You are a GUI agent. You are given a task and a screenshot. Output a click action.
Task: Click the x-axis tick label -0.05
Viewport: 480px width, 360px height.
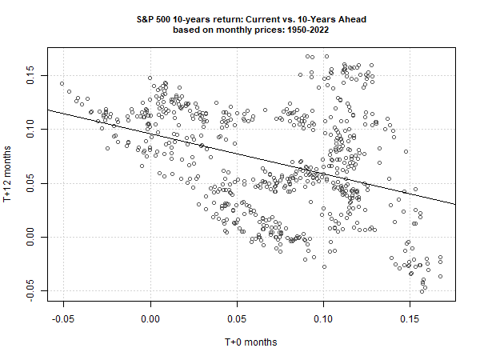[x=62, y=318]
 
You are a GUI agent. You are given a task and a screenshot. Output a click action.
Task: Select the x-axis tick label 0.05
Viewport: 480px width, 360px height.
[x=237, y=318]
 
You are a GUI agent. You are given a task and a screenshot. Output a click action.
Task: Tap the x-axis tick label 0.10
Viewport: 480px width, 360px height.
[x=323, y=318]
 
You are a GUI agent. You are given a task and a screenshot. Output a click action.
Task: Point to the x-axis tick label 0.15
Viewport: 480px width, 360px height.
[x=410, y=318]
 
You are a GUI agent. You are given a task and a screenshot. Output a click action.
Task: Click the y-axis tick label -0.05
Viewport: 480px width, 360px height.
[x=30, y=290]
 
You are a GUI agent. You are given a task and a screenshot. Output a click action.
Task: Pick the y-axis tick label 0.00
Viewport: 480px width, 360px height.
[x=30, y=238]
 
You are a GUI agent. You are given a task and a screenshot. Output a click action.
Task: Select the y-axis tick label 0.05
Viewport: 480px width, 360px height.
[x=30, y=185]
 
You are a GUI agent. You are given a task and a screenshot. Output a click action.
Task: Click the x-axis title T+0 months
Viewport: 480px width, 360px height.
[x=250, y=342]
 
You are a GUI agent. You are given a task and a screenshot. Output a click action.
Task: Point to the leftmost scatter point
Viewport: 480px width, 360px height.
[x=62, y=83]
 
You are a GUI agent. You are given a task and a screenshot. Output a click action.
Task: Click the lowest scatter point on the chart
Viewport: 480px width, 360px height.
[x=422, y=292]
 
